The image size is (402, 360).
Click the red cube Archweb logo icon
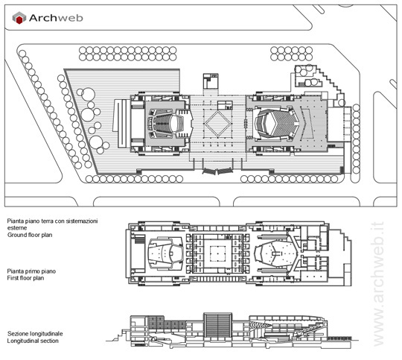(19, 18)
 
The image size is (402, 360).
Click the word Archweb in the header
(56, 18)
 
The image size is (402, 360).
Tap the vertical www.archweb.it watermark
(378, 284)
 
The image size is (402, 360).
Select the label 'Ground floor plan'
(30, 235)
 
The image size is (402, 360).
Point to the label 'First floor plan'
(25, 278)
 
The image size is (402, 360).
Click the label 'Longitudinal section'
(33, 341)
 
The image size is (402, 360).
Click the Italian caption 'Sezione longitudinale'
(35, 334)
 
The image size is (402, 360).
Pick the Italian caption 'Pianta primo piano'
(31, 271)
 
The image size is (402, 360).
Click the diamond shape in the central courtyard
(217, 124)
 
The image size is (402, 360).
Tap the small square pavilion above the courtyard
(211, 81)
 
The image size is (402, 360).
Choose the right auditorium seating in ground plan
(277, 124)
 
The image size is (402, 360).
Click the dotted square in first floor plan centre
(217, 253)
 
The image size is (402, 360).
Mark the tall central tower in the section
(217, 326)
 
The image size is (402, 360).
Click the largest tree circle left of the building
(88, 95)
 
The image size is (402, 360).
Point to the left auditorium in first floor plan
(165, 253)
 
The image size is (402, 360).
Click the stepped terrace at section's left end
(118, 335)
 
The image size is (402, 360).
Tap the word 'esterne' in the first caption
(17, 228)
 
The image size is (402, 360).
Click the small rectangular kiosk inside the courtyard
(225, 105)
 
